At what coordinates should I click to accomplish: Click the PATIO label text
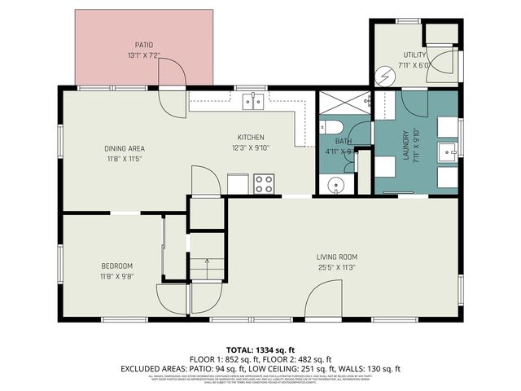pos(144,45)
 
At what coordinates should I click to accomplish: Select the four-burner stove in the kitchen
pos(264,184)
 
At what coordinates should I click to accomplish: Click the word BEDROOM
pos(116,266)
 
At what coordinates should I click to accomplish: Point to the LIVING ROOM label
pos(337,257)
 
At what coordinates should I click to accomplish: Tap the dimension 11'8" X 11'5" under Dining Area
pos(125,159)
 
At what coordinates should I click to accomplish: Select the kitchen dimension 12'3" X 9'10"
pos(251,147)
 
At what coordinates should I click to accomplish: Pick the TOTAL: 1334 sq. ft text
pos(260,349)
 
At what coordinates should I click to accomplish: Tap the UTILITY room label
pos(414,55)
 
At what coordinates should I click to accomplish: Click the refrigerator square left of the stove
pos(238,185)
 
